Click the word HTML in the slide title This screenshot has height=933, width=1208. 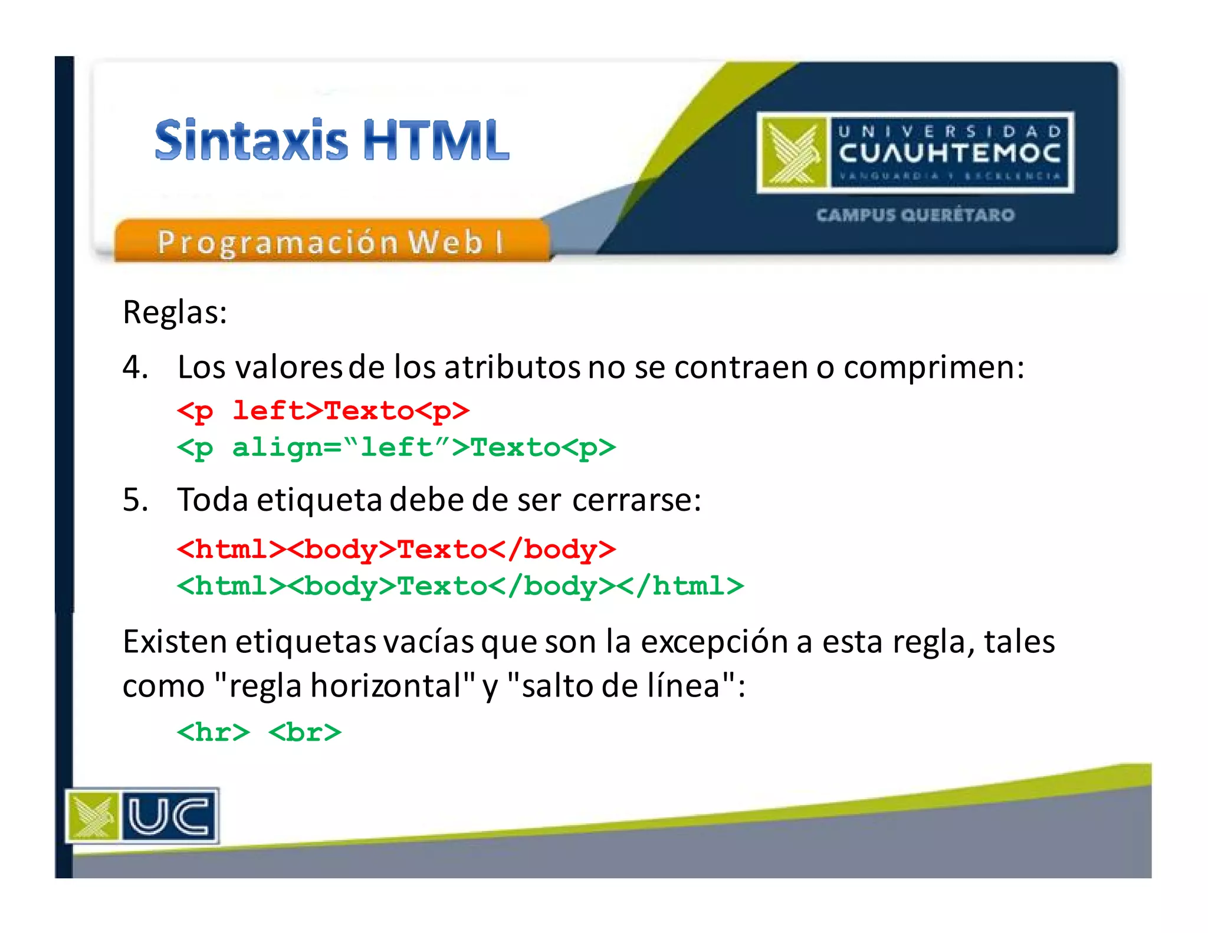pos(435,140)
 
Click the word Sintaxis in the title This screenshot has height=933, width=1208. pos(251,140)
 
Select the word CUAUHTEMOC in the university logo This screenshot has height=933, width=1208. pos(949,153)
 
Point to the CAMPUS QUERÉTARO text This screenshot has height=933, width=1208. pos(915,215)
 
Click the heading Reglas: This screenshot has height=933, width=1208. pos(175,312)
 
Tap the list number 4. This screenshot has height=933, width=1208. pos(134,367)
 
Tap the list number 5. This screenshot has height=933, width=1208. pos(134,500)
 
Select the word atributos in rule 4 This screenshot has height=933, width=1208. pos(512,367)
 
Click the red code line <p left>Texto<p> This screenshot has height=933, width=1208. pos(323,410)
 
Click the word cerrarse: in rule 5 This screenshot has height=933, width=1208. pos(636,500)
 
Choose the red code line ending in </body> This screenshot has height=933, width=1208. pos(396,550)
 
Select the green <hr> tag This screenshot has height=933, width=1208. pos(214,732)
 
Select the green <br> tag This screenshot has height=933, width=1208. pos(305,732)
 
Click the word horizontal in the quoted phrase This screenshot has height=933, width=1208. pos(386,686)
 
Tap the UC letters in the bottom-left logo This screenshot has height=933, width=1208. pos(169,816)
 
